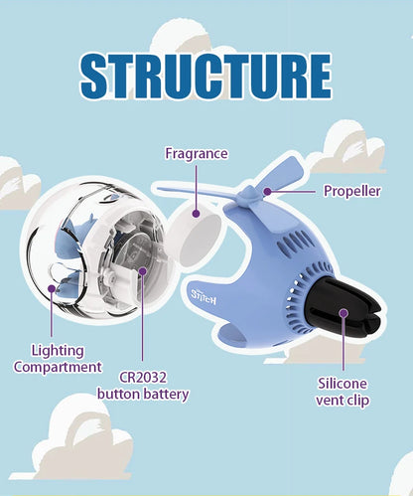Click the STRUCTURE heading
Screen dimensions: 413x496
click(206, 77)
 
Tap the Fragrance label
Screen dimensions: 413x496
click(197, 154)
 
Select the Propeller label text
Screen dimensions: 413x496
click(352, 191)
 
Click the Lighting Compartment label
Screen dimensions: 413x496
click(58, 359)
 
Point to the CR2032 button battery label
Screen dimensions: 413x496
click(143, 386)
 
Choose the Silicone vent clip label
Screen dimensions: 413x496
click(343, 392)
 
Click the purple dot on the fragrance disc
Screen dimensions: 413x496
click(196, 214)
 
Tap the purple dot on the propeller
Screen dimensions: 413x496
click(267, 191)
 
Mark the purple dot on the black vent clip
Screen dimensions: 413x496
click(344, 313)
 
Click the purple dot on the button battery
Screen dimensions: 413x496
click(142, 271)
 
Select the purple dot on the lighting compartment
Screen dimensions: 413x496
click(52, 288)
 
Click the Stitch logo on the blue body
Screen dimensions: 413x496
click(204, 297)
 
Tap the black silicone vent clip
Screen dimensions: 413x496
click(341, 311)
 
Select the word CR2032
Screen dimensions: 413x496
click(143, 378)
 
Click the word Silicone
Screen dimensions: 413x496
click(343, 384)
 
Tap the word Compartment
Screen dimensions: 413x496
click(58, 367)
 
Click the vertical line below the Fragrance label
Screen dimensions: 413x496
click(196, 187)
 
